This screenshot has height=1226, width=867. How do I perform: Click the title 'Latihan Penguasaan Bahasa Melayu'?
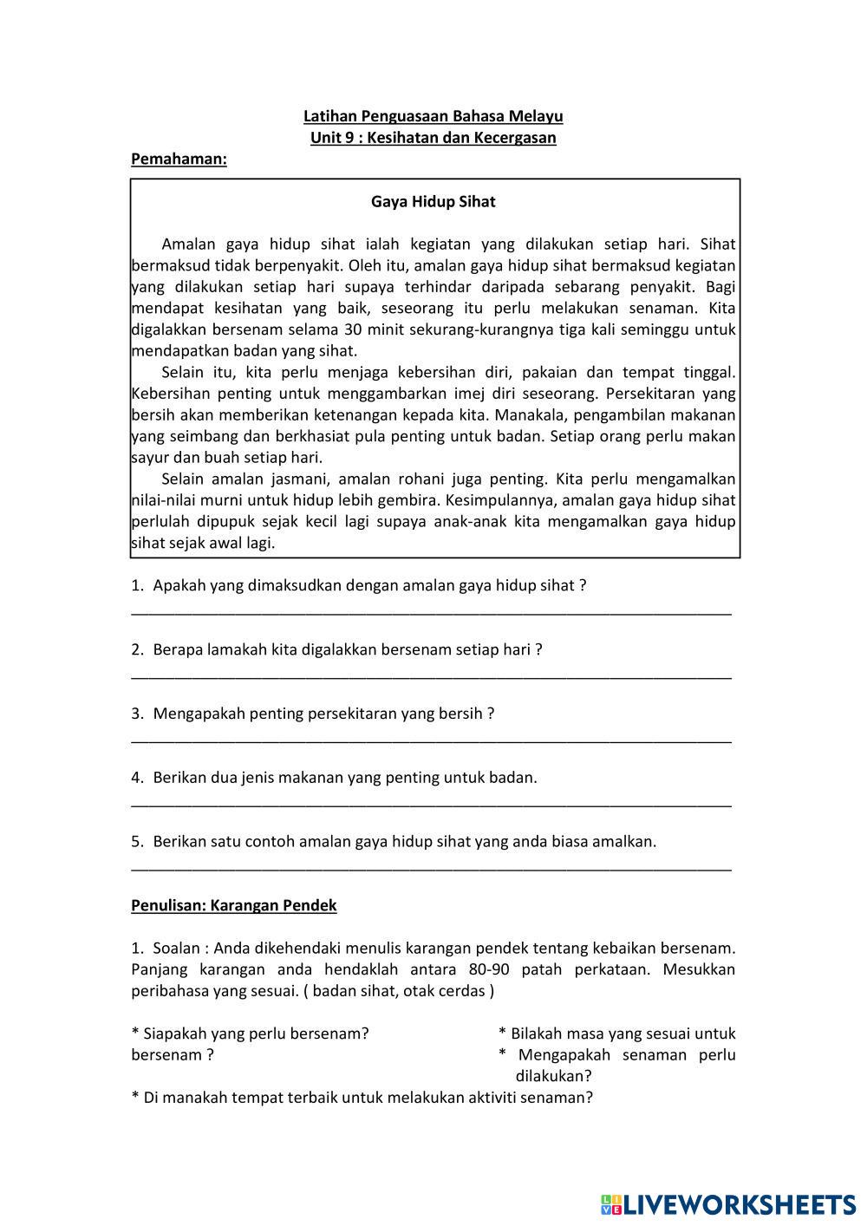(x=433, y=116)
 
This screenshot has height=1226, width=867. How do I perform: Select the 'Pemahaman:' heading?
(x=179, y=160)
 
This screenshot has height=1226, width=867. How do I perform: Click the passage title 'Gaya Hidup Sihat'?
(x=433, y=202)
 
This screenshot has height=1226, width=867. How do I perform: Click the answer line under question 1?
(x=431, y=612)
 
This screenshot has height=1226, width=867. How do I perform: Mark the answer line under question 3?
(x=431, y=740)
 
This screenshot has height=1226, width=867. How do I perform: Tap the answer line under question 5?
(x=431, y=868)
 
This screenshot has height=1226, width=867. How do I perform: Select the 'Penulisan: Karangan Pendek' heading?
(x=233, y=905)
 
